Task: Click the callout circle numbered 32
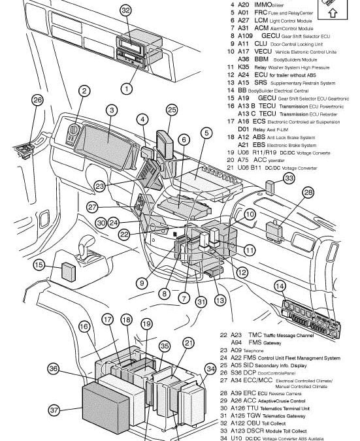point(125,11)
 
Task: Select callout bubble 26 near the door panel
point(19,100)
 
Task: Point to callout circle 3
point(112,110)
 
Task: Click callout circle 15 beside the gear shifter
point(39,265)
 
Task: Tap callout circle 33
point(288,178)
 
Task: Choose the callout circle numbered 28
point(308,192)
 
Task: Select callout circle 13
point(220,301)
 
